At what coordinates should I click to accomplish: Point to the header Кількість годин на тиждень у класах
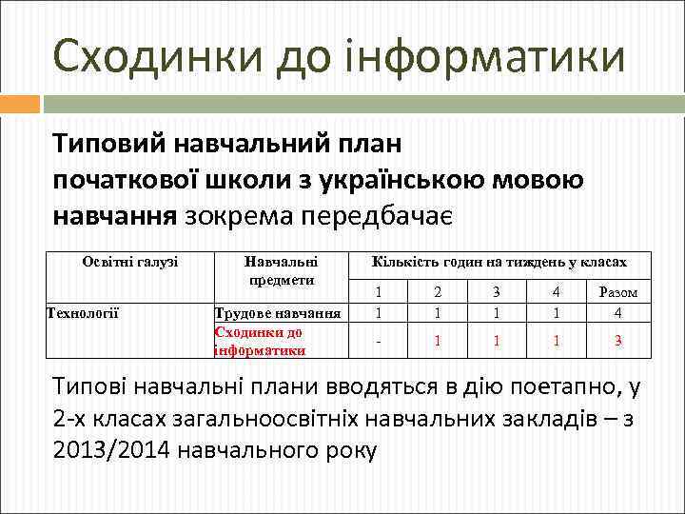click(x=499, y=261)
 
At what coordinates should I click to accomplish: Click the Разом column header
click(x=617, y=292)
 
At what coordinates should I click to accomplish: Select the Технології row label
click(x=82, y=311)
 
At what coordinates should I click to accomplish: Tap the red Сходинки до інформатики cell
click(x=260, y=341)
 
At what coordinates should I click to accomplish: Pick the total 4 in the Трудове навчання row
click(x=617, y=312)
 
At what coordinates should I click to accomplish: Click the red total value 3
click(x=617, y=340)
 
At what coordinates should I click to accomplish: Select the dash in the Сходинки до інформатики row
click(x=379, y=340)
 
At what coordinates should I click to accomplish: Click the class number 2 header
click(x=438, y=292)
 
